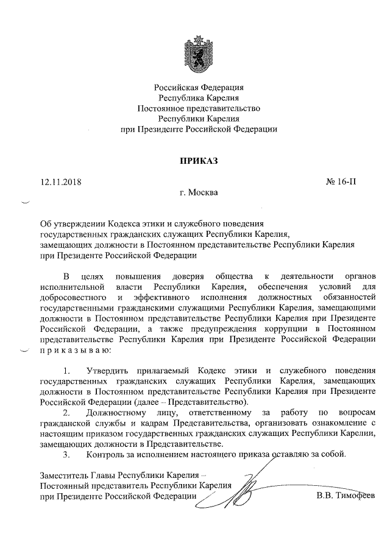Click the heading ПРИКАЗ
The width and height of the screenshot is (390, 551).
pyautogui.click(x=194, y=161)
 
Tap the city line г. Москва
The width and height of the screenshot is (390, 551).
pyautogui.click(x=194, y=193)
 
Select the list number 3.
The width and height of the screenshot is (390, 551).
pyautogui.click(x=66, y=455)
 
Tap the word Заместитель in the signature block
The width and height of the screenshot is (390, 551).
pyautogui.click(x=63, y=475)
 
